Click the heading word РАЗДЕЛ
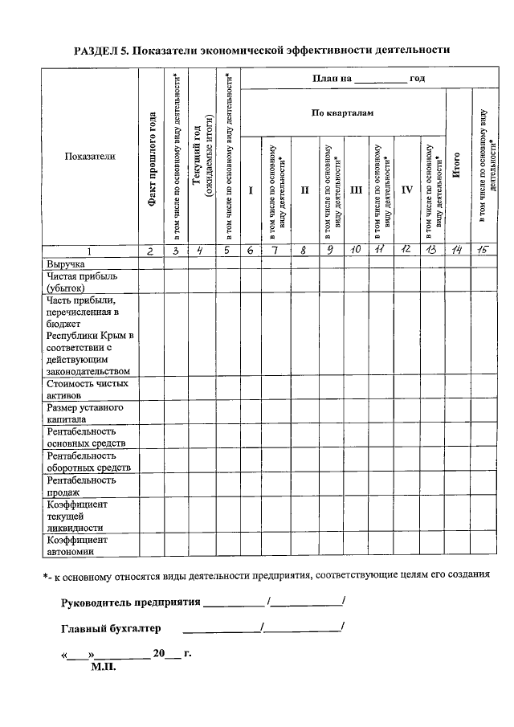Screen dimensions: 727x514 coord(100,50)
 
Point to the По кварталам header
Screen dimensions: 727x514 coord(343,113)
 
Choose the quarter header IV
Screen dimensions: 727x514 coord(407,190)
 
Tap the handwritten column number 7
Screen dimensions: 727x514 coord(277,251)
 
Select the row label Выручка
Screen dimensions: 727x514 coord(66,263)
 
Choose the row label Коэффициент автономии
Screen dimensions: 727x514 coord(77,545)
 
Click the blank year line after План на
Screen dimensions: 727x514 coord(380,80)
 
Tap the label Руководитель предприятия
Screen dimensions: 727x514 coord(130,602)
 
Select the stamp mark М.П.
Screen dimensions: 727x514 coord(104,666)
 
